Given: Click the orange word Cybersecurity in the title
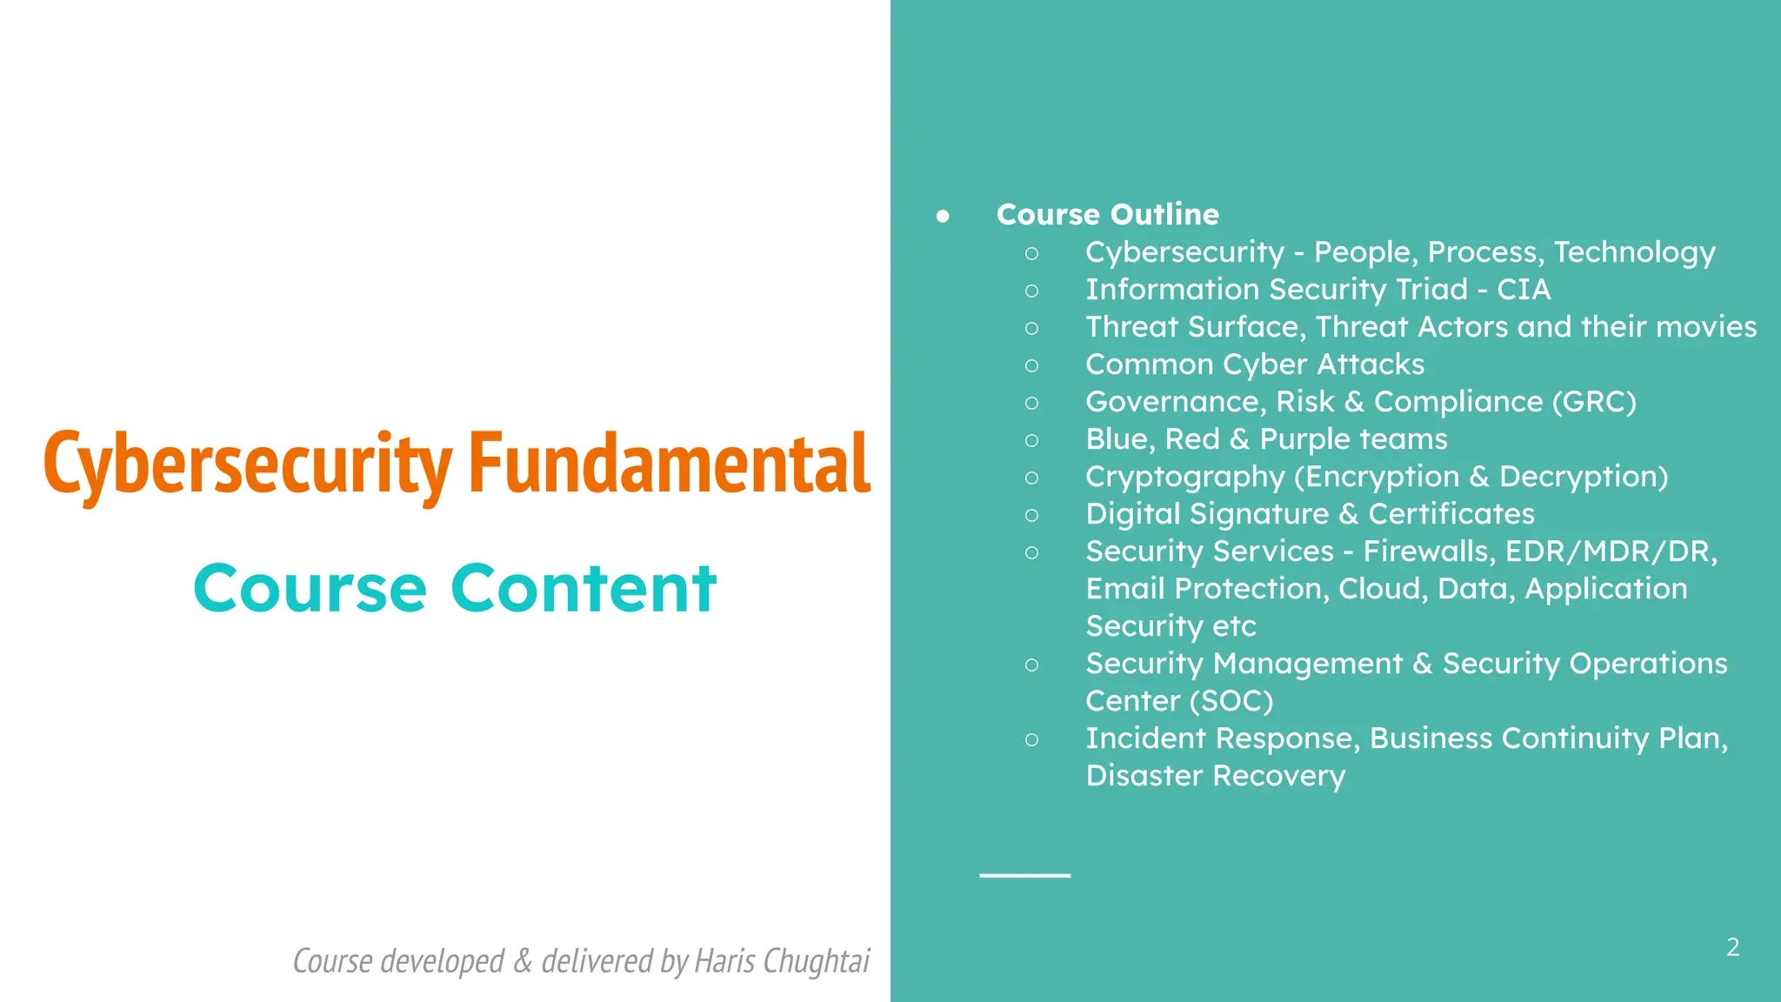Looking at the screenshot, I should tap(247, 464).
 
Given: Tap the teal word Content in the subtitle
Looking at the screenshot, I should tap(584, 589).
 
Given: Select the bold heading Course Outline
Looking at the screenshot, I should tap(1107, 215).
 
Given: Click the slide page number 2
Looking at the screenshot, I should tap(1732, 947).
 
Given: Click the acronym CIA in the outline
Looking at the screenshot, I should tap(1524, 290).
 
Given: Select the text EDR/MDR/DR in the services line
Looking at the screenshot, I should tap(1607, 551).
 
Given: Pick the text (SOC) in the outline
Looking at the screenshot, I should tap(1231, 701).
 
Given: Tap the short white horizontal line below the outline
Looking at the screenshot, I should tap(1024, 875).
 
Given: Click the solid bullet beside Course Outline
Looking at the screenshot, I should tap(943, 216).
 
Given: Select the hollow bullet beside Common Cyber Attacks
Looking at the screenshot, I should tap(1031, 365).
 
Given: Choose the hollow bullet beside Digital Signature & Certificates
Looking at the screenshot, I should tap(1031, 515).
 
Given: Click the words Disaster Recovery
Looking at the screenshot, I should tap(1215, 776).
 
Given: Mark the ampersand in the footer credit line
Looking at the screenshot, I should tap(523, 961).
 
